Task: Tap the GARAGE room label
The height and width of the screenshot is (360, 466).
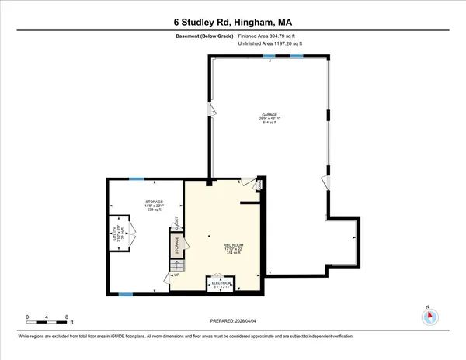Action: click(x=270, y=119)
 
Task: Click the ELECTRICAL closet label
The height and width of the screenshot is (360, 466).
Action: click(x=221, y=285)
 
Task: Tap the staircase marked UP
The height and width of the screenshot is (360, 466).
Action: click(x=176, y=269)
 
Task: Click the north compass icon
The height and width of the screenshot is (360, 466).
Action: click(x=430, y=317)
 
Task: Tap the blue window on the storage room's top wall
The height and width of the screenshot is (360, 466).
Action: click(x=137, y=179)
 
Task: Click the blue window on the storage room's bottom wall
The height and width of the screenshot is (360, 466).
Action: click(x=124, y=293)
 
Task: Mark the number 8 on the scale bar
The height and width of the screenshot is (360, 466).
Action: click(x=68, y=317)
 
